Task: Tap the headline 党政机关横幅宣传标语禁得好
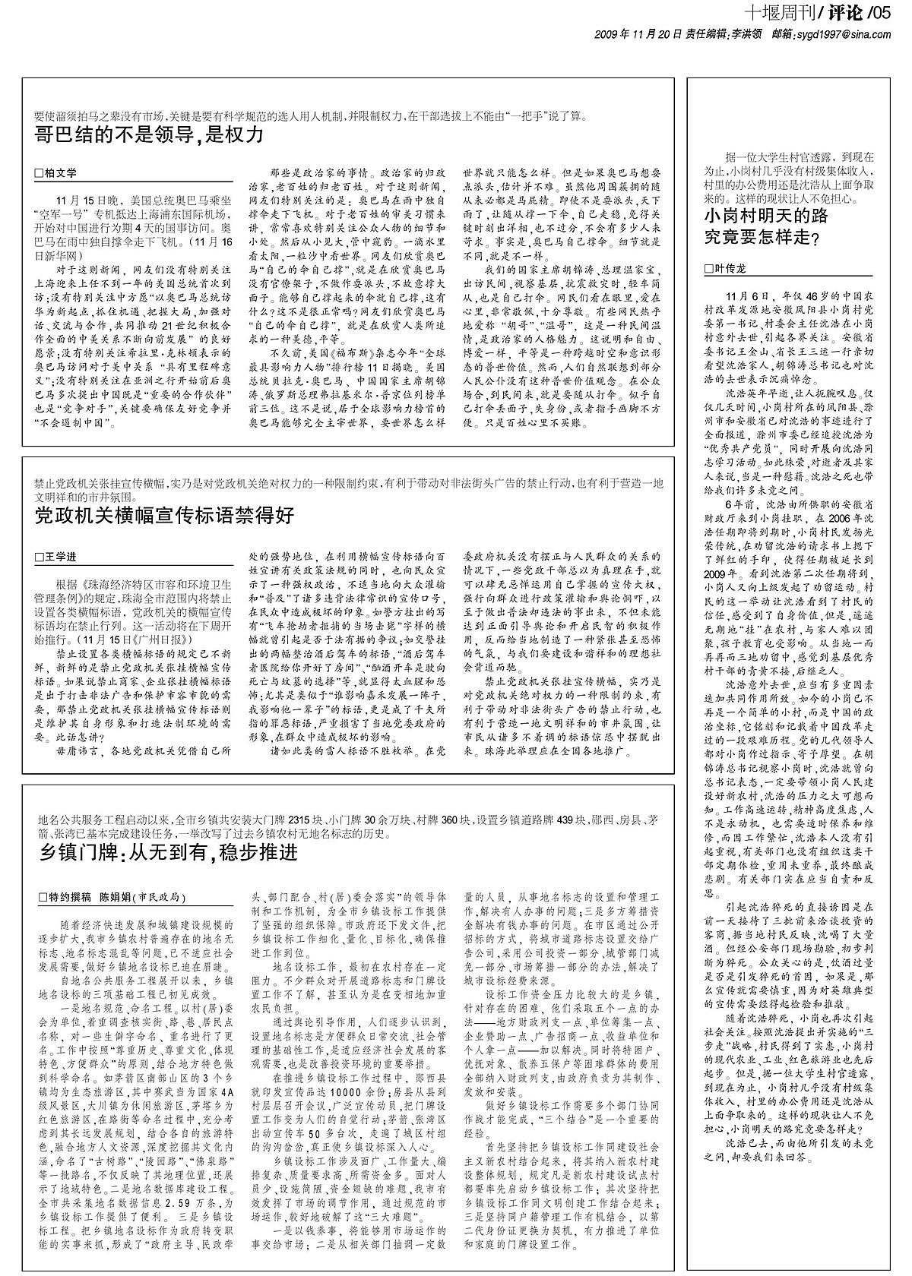pyautogui.click(x=164, y=516)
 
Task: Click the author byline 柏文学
pyautogui.click(x=61, y=173)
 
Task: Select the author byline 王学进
pyautogui.click(x=61, y=557)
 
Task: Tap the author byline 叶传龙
pyautogui.click(x=731, y=269)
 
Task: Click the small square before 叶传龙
pyautogui.click(x=710, y=269)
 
